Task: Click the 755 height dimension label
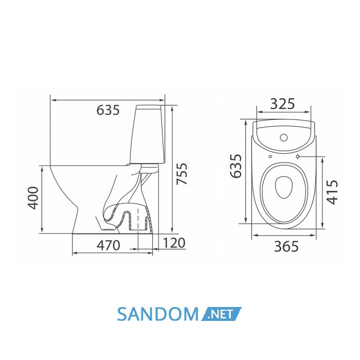point(182,174)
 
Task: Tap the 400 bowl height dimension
point(33,198)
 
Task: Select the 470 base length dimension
point(109,245)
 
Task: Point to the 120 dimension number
point(174,243)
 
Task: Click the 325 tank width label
point(282,104)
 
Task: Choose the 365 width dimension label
point(286,246)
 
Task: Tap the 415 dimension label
point(332,192)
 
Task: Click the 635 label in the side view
point(108,110)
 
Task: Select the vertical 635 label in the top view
point(236,166)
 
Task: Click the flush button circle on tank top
point(284,137)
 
